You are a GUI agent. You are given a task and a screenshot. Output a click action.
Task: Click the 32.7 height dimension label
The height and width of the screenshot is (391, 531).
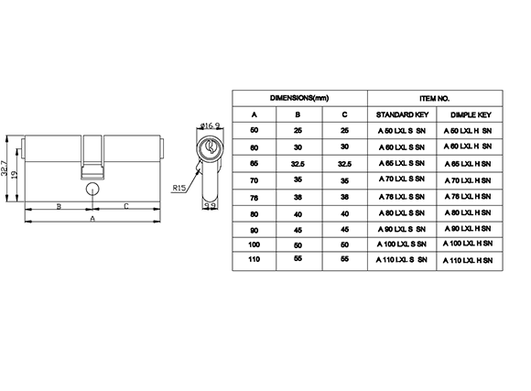4,168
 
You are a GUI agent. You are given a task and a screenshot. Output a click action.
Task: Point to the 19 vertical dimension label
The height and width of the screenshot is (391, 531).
15,175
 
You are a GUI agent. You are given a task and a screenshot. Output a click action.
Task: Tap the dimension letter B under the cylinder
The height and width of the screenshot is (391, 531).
59,206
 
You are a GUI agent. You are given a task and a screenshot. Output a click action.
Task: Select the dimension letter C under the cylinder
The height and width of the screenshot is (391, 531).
126,206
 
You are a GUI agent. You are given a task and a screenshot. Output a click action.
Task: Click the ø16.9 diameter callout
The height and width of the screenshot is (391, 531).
210,125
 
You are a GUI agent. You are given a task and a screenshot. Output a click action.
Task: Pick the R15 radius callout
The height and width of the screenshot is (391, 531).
179,188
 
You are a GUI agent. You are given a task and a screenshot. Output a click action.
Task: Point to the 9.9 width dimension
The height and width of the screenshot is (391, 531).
211,205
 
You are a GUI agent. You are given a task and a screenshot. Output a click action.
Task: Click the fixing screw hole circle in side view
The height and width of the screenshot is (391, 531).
92,190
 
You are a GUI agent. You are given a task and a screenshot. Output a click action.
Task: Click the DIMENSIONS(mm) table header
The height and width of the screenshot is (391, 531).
299,98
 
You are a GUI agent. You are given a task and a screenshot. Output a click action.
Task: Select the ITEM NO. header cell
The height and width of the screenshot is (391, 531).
435,99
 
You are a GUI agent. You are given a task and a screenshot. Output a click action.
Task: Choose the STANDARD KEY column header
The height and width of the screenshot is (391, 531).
402,114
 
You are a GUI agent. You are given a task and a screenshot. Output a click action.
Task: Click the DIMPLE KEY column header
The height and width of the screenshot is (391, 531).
471,114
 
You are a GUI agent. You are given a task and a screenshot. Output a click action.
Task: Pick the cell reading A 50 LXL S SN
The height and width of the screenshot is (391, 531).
402,131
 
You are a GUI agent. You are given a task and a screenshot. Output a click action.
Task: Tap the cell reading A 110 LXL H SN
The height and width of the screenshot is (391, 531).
468,260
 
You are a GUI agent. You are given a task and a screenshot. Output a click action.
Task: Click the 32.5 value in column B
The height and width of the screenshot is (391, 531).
298,164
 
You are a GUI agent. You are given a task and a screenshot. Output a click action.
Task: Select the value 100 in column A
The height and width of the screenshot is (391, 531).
254,244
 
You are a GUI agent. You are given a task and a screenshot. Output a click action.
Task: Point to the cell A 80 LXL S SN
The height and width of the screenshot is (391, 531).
402,213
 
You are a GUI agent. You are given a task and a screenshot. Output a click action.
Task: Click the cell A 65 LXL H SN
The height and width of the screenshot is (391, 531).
468,164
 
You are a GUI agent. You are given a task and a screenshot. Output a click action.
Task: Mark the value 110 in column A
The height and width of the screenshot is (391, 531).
254,259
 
